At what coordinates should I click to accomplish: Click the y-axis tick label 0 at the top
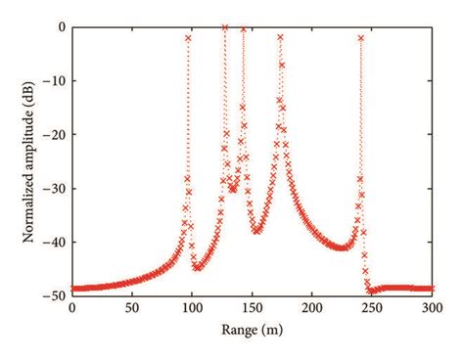coord(61,26)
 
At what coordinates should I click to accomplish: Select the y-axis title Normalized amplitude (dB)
coord(21,160)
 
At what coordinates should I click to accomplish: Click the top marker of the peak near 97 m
coord(188,38)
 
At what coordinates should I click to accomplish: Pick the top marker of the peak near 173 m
coord(280,37)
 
